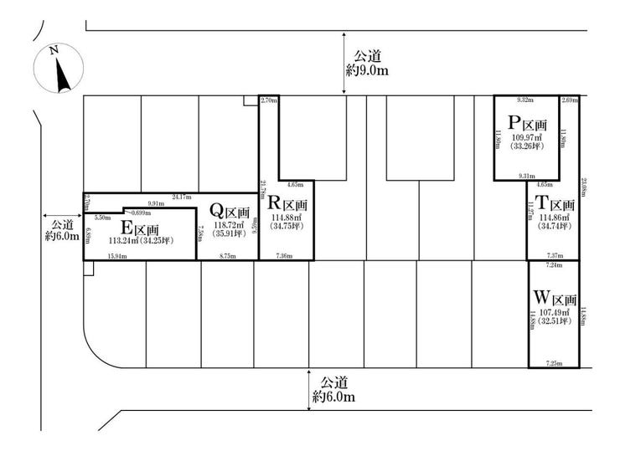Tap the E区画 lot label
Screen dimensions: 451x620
[x=140, y=228]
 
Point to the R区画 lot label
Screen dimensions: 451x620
[x=287, y=203]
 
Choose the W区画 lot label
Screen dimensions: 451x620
[x=555, y=298]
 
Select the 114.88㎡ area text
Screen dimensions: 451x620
[x=287, y=218]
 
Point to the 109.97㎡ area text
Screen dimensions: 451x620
[x=528, y=136]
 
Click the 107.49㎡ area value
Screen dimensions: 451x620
[x=554, y=312]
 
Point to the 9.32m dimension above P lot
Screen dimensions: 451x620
[x=525, y=100]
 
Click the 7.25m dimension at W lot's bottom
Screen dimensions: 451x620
[x=553, y=363]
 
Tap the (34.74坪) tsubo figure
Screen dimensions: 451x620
[x=554, y=227]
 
